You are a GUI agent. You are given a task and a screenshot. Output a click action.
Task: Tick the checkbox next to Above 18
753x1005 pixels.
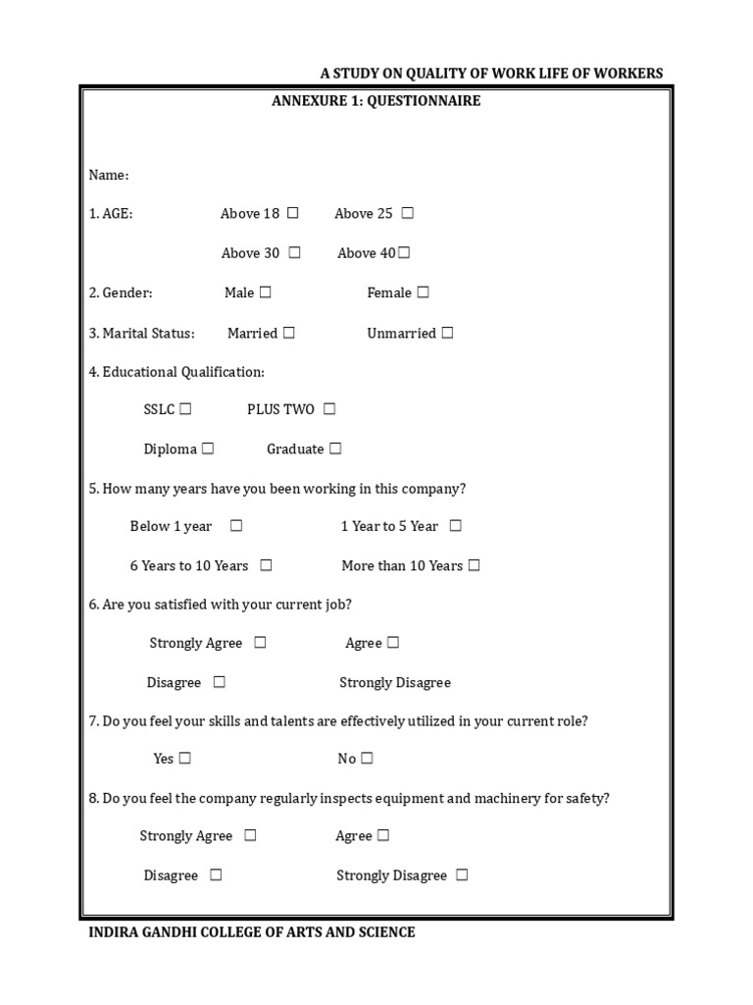292,213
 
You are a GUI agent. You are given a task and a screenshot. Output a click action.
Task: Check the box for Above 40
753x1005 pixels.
404,253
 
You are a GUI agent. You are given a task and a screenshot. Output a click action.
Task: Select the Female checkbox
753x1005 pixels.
423,292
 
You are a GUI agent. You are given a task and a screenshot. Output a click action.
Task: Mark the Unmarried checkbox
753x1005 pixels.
447,333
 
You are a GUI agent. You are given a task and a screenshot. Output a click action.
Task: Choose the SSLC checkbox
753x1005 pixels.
185,409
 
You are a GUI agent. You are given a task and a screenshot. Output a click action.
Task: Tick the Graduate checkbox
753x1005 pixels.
335,449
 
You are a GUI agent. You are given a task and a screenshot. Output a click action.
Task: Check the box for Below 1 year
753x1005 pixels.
236,526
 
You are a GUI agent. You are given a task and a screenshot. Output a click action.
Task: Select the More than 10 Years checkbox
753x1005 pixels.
474,565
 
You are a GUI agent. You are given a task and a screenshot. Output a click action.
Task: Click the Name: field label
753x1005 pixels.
109,175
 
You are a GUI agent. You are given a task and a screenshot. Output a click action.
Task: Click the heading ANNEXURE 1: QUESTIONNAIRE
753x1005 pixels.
376,101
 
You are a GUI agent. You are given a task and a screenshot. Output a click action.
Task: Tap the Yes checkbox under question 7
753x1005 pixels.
185,758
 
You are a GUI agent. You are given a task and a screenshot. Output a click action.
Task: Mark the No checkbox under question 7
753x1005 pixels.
367,758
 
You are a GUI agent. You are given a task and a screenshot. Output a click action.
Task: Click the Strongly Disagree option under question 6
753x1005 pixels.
395,682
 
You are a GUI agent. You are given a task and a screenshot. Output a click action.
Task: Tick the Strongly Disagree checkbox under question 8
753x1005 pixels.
462,875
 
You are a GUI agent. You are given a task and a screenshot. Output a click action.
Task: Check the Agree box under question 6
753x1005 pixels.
392,643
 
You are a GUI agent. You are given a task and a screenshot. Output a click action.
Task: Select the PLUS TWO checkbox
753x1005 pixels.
328,409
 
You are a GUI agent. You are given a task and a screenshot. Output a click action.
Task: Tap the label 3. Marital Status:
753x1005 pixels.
142,334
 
